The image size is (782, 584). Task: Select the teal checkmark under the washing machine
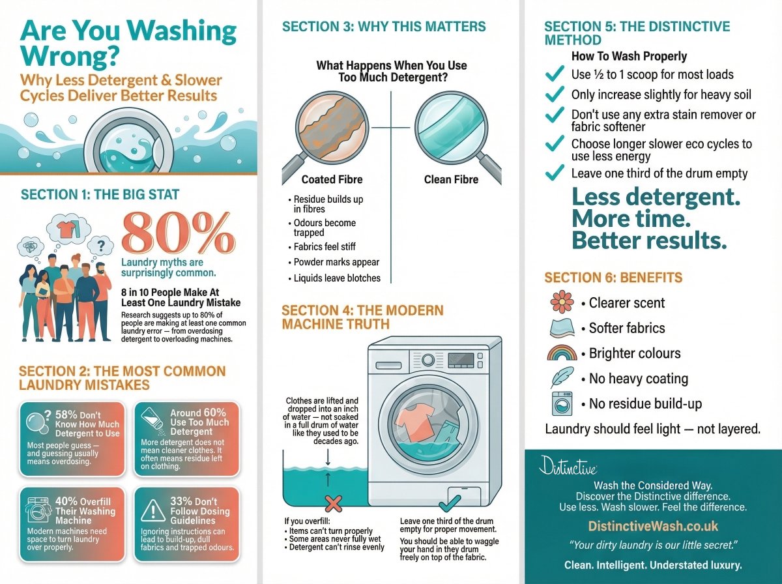(x=450, y=503)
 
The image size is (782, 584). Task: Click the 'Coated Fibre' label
(x=332, y=179)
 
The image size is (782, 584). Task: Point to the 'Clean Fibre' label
(x=451, y=179)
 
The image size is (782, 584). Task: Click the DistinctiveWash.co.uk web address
(x=653, y=526)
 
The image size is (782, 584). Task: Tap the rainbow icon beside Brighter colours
(x=562, y=353)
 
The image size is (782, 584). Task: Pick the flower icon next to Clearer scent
(x=562, y=302)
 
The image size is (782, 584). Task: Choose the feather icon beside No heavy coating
(x=562, y=378)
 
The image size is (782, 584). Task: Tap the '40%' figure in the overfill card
(x=67, y=501)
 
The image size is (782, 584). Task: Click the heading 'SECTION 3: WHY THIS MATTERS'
(x=384, y=27)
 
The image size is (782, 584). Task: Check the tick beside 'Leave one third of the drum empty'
(x=555, y=173)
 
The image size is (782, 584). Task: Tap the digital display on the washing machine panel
(x=461, y=359)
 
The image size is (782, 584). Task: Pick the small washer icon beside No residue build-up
(x=562, y=403)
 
